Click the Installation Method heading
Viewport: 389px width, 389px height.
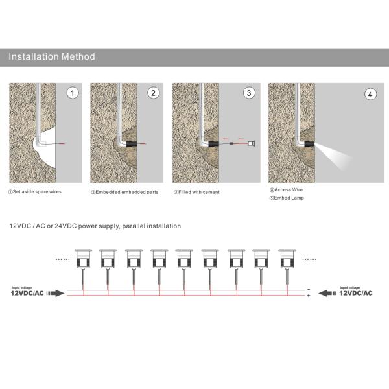(x=52, y=57)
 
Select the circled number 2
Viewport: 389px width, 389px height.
(x=154, y=93)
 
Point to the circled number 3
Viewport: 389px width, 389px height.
(x=248, y=93)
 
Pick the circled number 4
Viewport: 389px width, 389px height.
(x=370, y=95)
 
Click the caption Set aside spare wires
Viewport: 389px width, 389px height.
(x=36, y=192)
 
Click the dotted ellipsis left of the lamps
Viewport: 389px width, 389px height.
(x=64, y=258)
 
